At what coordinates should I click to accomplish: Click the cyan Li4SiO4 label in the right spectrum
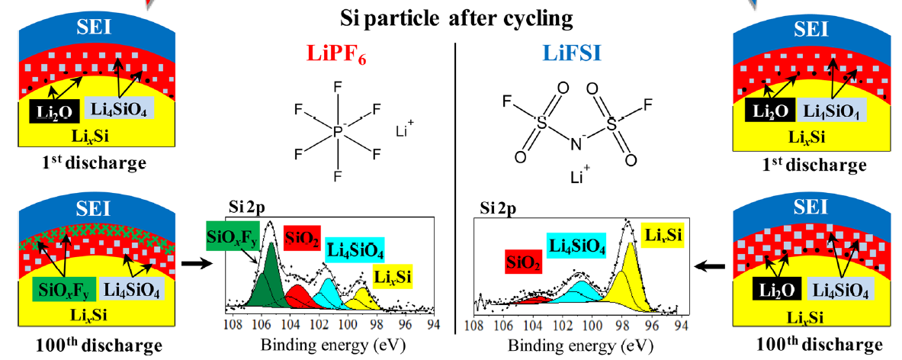pyautogui.click(x=577, y=246)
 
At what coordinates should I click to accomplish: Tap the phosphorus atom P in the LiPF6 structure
pyautogui.click(x=337, y=131)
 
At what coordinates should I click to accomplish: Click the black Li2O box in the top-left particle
pyautogui.click(x=54, y=111)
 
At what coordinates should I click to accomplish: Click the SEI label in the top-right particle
pyautogui.click(x=811, y=27)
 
